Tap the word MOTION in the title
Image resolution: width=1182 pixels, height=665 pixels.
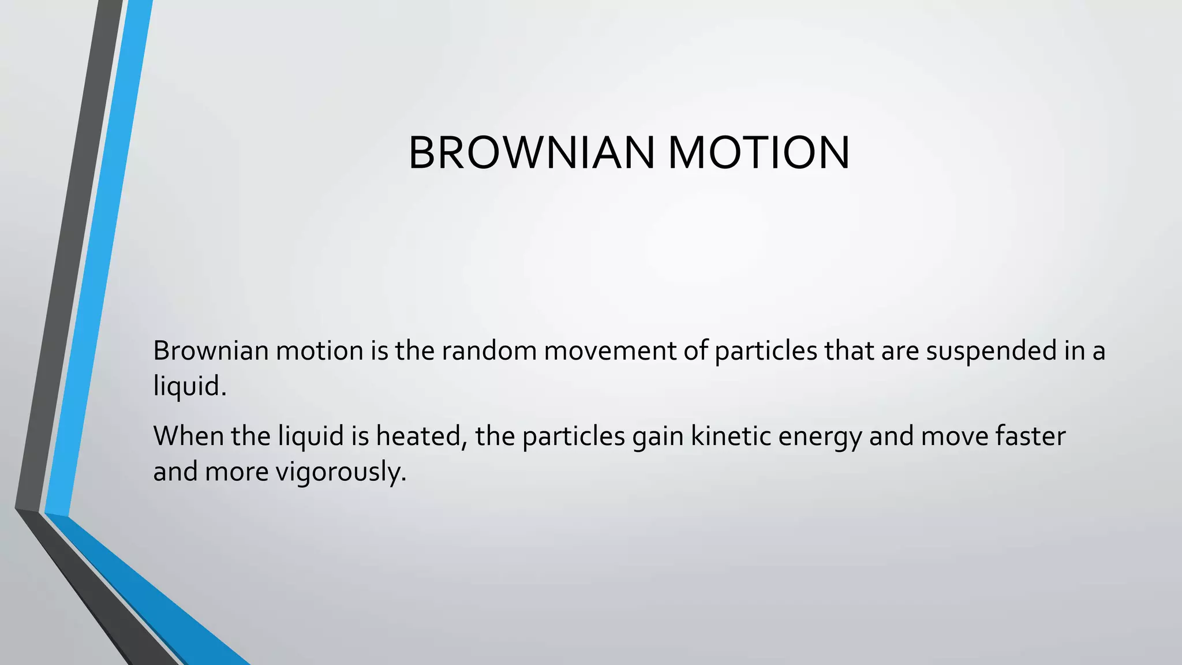758,153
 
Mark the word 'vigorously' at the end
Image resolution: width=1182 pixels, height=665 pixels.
341,472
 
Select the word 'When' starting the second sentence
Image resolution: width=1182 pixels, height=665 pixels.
188,436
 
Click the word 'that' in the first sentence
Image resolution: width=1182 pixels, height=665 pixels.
849,351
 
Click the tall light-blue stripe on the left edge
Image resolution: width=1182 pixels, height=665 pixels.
98,260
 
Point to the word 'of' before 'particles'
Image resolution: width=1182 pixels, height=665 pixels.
695,351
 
